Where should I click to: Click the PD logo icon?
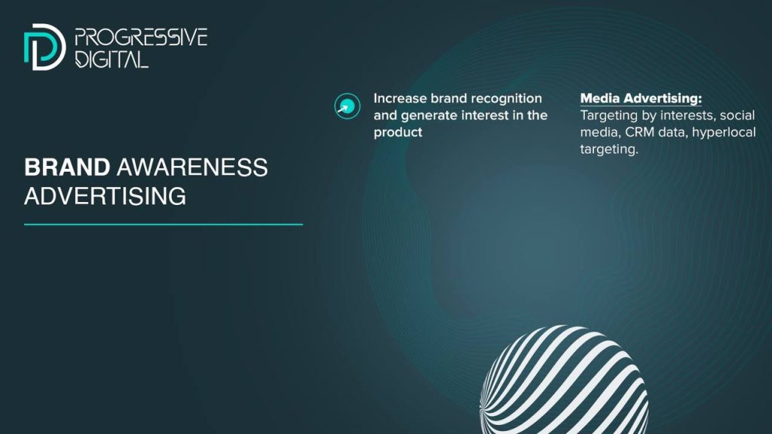coord(44,47)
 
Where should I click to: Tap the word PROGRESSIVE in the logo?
coord(141,38)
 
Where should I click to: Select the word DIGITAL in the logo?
coord(112,59)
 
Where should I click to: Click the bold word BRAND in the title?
coord(67,167)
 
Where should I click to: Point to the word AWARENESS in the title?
coord(192,167)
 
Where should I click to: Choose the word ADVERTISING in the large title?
coord(105,196)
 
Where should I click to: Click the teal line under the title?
coord(164,225)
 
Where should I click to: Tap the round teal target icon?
coord(347,106)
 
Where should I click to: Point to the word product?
coord(398,133)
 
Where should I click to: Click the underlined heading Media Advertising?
coord(641,99)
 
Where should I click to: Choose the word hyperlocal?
coord(724,133)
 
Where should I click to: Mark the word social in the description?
coord(737,115)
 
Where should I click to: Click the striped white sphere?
coord(564,380)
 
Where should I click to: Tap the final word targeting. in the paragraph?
coord(609,150)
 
